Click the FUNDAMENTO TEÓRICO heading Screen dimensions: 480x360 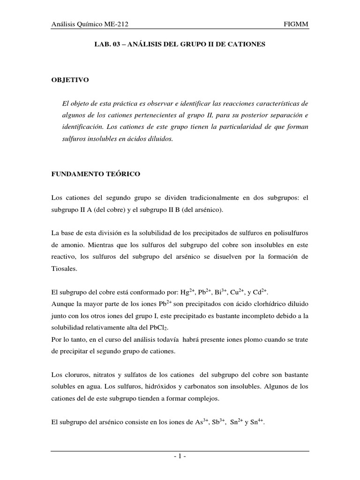coord(96,174)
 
